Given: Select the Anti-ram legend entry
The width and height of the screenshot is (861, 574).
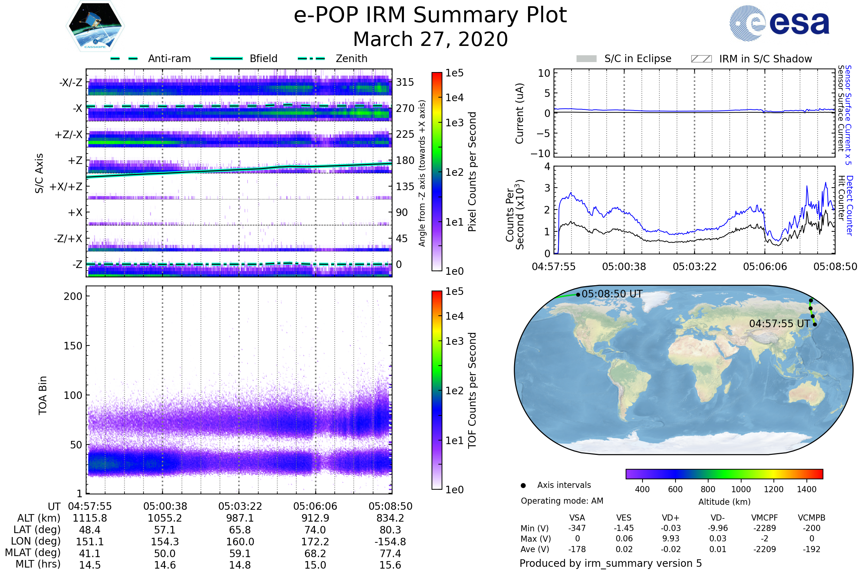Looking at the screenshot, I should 169,58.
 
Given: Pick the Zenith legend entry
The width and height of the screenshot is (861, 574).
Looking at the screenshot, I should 351,58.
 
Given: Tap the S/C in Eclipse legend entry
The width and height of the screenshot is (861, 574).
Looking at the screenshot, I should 637,58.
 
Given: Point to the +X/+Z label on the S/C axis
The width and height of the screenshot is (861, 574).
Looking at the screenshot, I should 66,187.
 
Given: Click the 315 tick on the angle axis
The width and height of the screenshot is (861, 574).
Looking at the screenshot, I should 405,82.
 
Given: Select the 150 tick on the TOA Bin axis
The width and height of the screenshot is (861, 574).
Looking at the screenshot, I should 73,346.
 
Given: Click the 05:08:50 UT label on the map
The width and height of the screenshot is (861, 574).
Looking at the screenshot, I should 612,294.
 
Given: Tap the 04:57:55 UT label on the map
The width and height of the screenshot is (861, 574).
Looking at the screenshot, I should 779,324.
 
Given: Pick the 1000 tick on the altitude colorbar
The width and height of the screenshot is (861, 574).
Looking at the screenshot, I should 740,489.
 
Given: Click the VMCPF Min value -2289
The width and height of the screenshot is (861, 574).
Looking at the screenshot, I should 764,528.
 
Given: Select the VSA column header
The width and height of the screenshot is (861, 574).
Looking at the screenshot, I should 577,518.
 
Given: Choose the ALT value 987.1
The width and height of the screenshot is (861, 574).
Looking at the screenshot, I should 240,518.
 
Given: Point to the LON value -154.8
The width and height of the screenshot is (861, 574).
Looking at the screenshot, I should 390,542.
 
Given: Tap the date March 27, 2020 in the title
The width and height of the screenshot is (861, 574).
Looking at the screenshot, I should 430,39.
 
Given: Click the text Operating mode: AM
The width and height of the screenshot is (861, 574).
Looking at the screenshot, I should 562,501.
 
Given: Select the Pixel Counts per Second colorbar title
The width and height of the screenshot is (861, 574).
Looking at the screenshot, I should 472,171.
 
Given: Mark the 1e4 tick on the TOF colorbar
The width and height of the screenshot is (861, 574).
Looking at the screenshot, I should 454,316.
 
